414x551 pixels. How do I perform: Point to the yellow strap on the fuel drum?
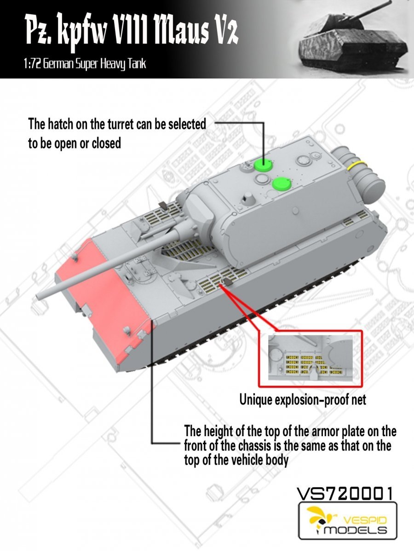(356, 167)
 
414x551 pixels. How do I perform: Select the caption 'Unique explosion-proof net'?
(302, 399)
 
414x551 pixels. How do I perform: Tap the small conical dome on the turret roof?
(248, 198)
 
